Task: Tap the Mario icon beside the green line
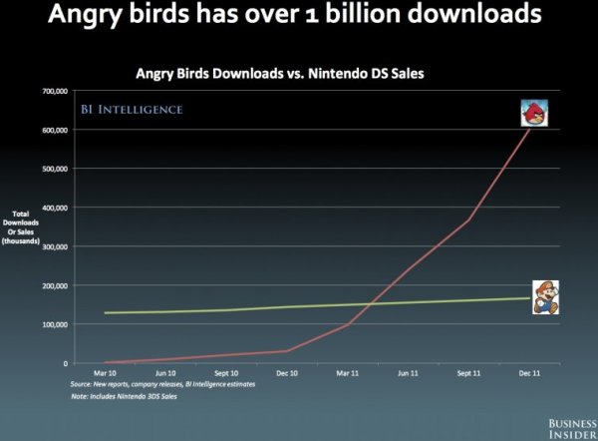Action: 544,296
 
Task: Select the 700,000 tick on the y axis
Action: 53,91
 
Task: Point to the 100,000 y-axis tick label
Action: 53,324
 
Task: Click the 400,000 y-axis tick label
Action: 53,208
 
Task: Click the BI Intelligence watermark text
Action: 132,109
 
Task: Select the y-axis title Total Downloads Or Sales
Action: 25,226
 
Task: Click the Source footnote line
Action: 162,384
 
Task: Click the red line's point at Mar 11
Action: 348,324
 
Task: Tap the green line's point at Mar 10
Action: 105,313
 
